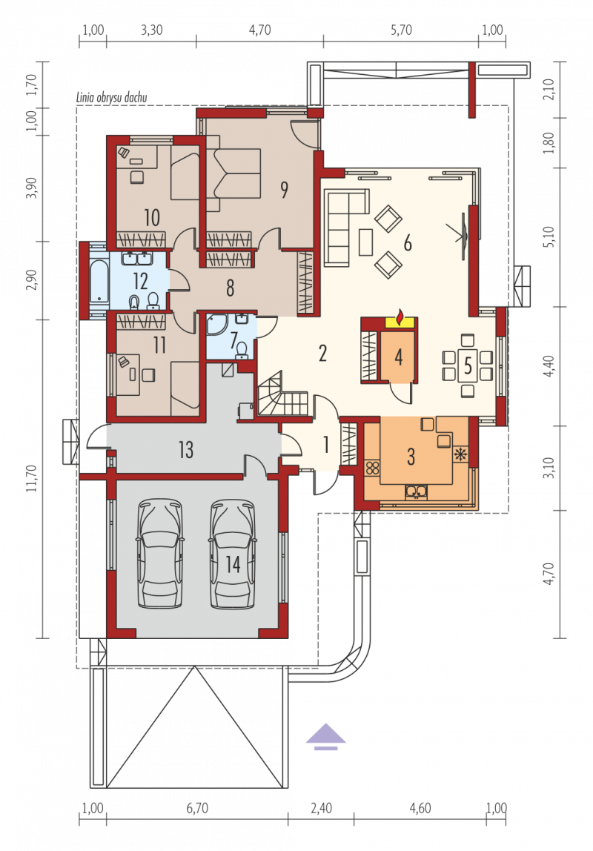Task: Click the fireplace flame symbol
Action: click(x=400, y=317)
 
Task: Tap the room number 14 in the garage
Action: click(x=233, y=564)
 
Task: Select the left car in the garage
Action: click(x=159, y=554)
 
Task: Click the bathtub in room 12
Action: click(x=99, y=282)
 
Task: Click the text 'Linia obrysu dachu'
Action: click(x=112, y=98)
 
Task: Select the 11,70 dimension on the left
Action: click(x=32, y=478)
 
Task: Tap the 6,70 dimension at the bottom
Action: click(x=197, y=808)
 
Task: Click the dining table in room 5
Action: click(x=468, y=365)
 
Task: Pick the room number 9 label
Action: click(x=285, y=190)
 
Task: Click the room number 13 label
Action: click(x=185, y=449)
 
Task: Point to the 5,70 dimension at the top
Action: click(x=402, y=30)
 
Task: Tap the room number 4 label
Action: click(x=399, y=357)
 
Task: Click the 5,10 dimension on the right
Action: click(x=549, y=237)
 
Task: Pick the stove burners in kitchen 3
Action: click(x=372, y=468)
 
